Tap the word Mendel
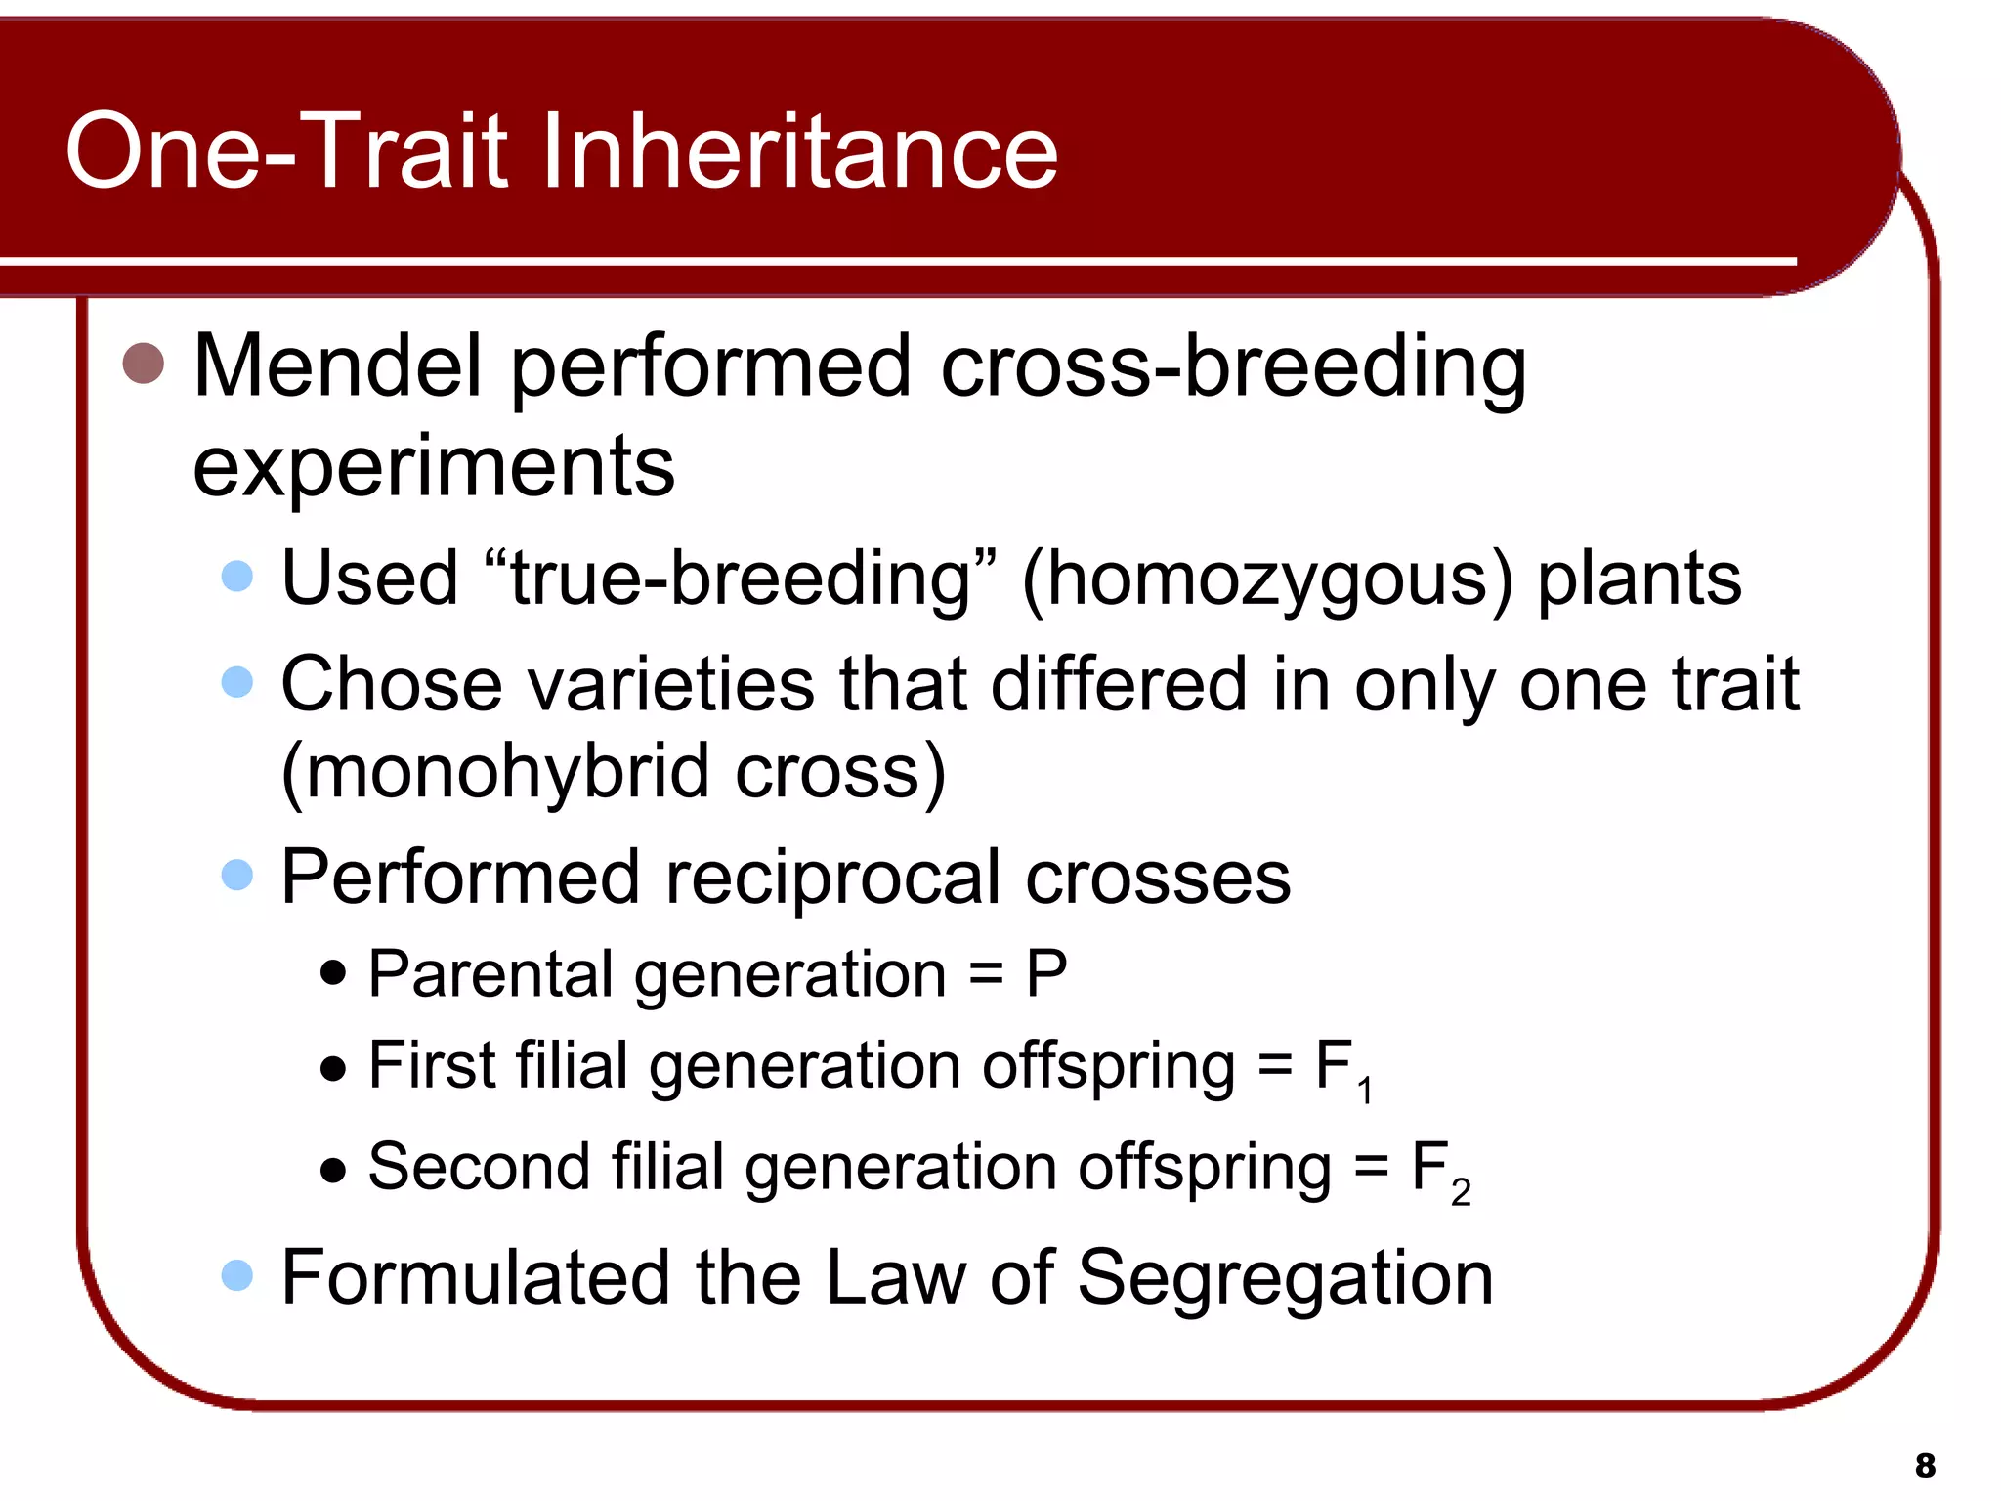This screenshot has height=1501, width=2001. (x=338, y=366)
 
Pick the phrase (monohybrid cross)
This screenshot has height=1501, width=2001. (x=614, y=772)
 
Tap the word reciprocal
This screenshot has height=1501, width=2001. (x=833, y=878)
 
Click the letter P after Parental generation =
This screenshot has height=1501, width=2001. (x=1045, y=974)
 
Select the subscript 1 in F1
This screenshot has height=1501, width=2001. (x=1365, y=1090)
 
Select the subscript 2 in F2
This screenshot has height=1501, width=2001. (x=1461, y=1192)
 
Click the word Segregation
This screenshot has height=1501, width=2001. (x=1285, y=1277)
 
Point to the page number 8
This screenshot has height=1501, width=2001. (x=1925, y=1465)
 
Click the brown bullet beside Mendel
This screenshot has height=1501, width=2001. (x=144, y=364)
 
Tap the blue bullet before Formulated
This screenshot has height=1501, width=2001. (x=237, y=1275)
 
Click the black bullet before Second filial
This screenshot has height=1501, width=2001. (x=333, y=1170)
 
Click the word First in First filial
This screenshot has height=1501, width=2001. (x=431, y=1065)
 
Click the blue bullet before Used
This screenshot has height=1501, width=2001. (x=237, y=576)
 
